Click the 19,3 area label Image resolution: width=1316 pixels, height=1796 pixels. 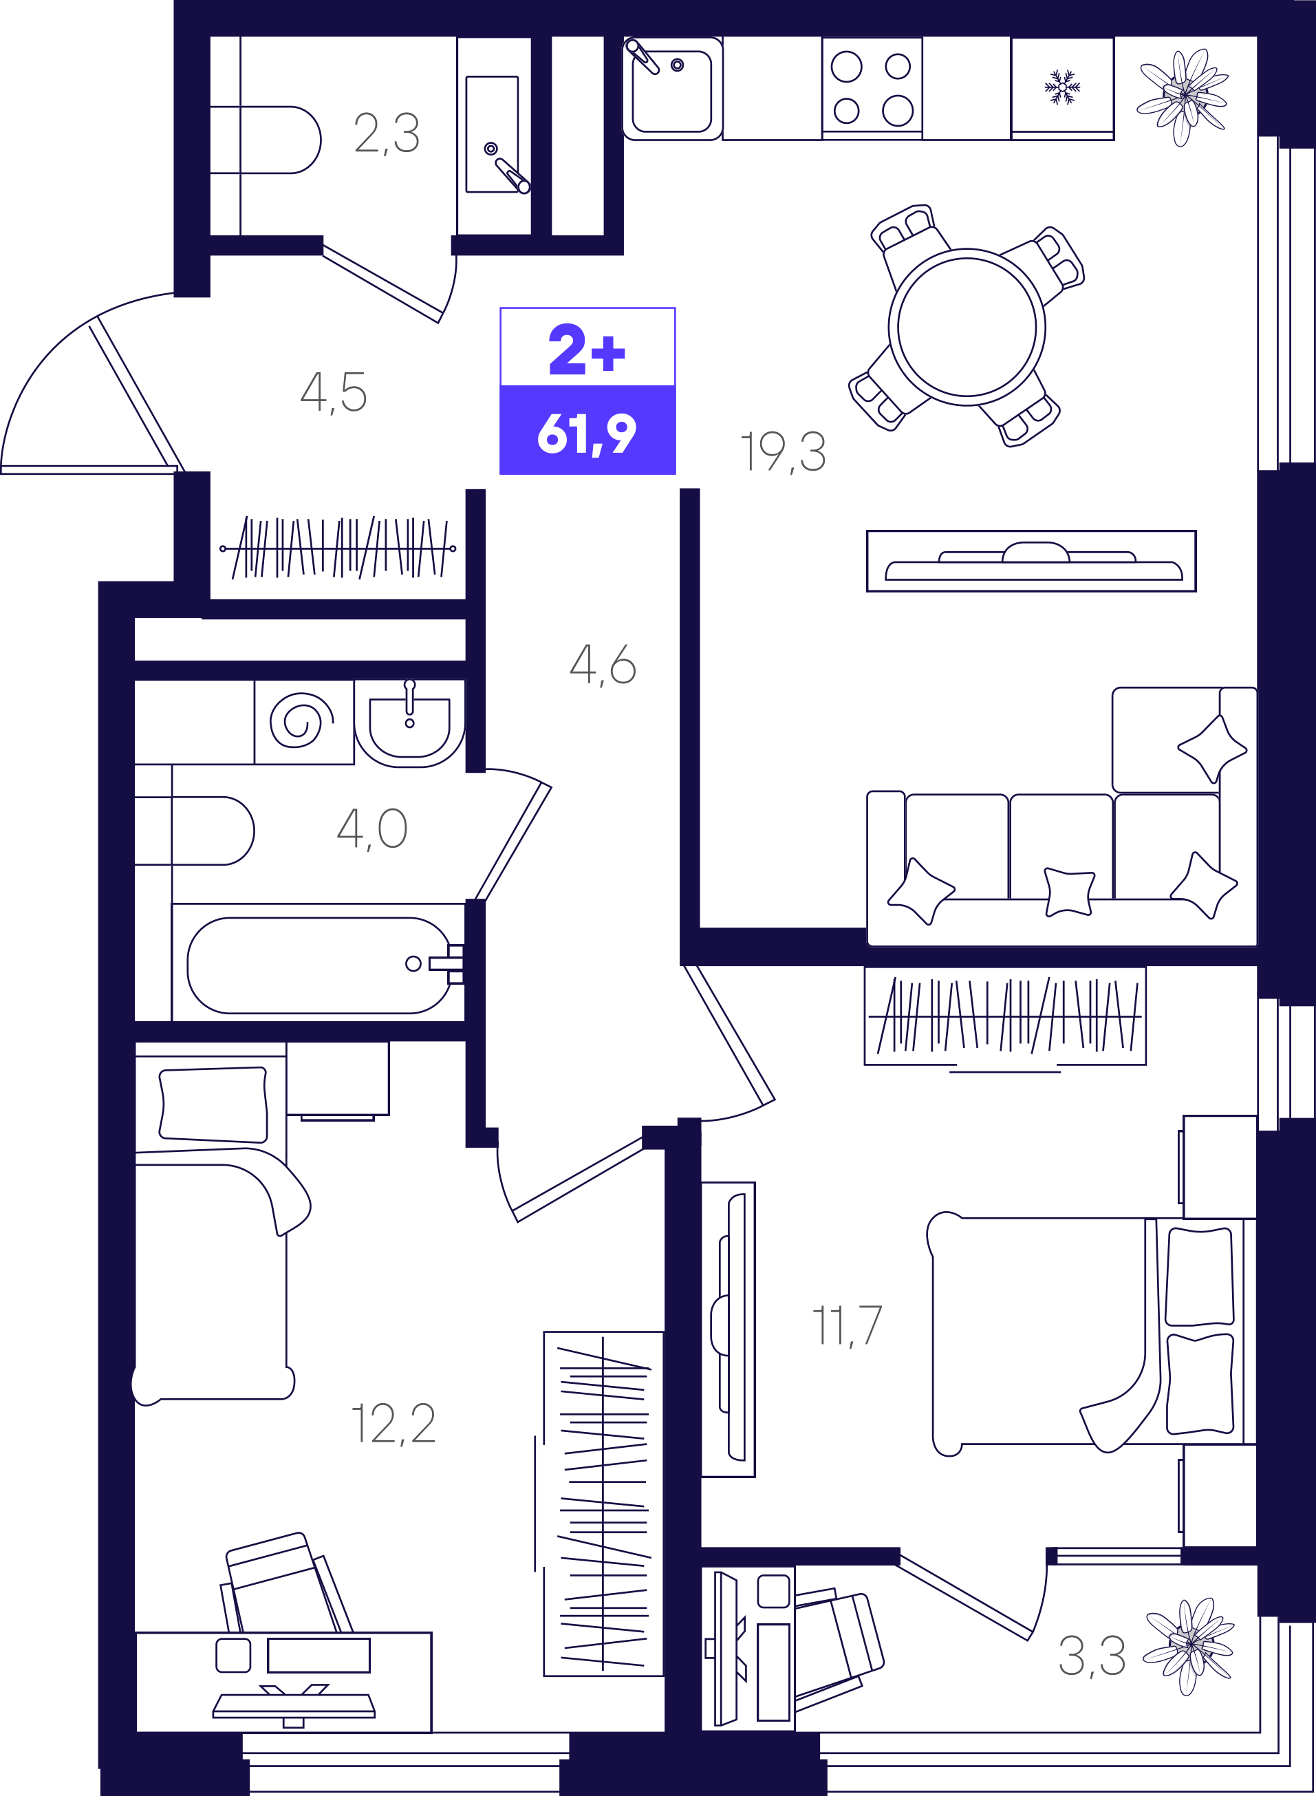click(783, 452)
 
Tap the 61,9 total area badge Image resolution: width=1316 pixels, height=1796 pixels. click(587, 434)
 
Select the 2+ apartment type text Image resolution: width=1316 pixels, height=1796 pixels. click(587, 349)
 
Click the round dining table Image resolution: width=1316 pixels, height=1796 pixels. click(967, 327)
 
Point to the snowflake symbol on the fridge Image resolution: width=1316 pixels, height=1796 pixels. click(1062, 87)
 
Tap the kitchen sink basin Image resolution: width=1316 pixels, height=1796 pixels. click(671, 91)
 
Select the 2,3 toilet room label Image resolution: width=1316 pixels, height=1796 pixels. click(387, 133)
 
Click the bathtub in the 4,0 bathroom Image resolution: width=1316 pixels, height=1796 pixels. click(319, 965)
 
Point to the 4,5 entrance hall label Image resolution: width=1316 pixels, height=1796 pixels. click(333, 392)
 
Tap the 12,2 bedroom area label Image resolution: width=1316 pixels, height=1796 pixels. click(393, 1424)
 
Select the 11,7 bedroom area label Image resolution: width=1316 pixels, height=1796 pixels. click(846, 1326)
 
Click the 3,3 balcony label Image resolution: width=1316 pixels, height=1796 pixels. click(1091, 1656)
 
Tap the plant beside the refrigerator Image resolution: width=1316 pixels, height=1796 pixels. click(1184, 96)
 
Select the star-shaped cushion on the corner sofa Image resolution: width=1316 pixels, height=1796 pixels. click(1211, 748)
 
